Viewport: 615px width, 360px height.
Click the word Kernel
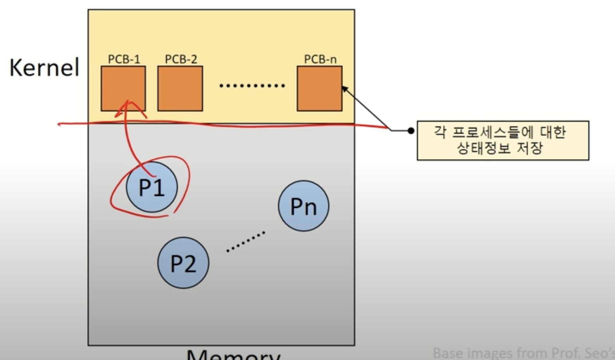coord(44,67)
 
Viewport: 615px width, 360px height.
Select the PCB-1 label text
coord(124,59)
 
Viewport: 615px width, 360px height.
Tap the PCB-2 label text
coord(181,59)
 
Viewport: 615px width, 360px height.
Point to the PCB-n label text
coord(320,59)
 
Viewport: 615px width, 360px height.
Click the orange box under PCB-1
coord(123,89)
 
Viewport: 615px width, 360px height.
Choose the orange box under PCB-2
coord(180,89)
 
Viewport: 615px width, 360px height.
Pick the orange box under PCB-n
coord(319,89)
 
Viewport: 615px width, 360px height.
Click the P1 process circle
coord(152,187)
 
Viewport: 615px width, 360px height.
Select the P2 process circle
coord(183,263)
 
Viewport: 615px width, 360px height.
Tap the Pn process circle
coord(304,206)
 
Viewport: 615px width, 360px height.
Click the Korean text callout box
coord(503,140)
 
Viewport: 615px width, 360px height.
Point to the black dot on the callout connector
coord(411,131)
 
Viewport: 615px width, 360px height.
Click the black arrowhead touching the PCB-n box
coord(345,89)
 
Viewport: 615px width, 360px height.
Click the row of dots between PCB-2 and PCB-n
coord(252,85)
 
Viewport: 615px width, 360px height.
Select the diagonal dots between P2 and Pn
coord(246,241)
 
